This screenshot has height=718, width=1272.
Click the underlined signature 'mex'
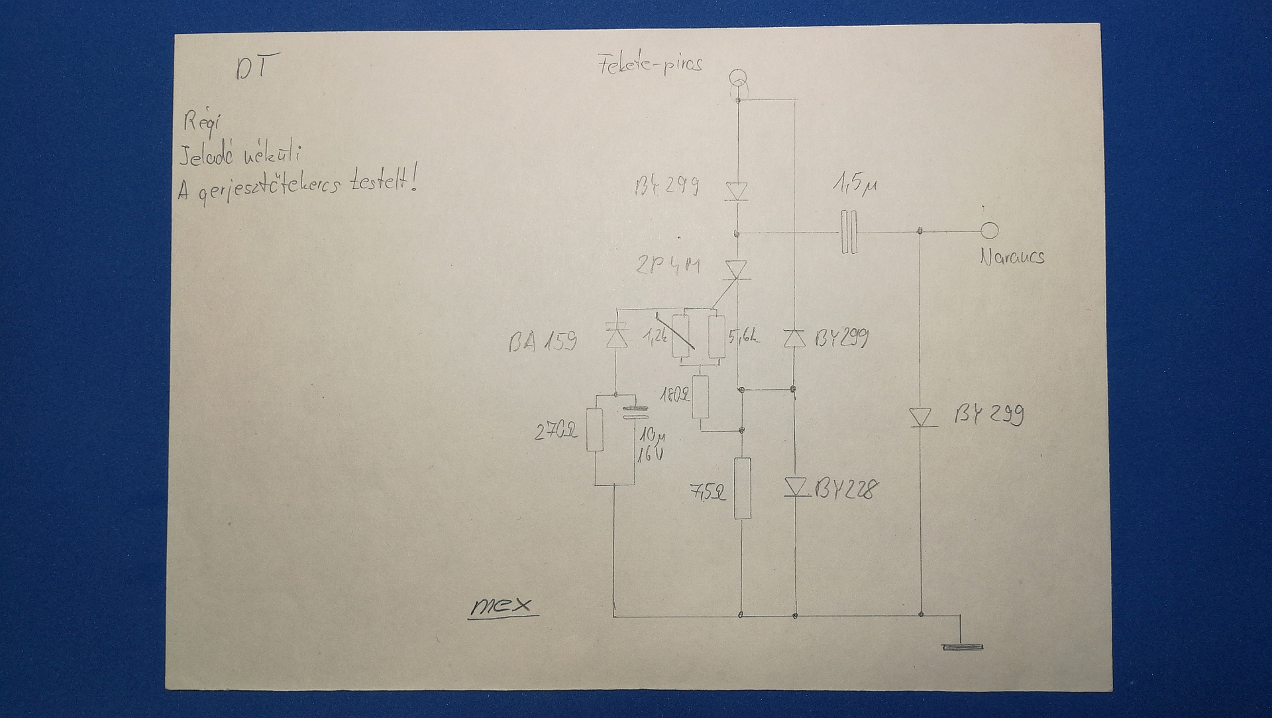tap(502, 606)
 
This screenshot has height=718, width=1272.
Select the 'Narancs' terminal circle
tap(989, 231)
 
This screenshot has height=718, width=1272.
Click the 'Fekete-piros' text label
tap(650, 65)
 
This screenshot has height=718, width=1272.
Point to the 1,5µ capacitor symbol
tap(849, 232)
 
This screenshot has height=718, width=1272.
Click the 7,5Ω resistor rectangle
tap(743, 488)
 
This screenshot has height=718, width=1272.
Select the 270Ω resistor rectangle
tap(595, 430)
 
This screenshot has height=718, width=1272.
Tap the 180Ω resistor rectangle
tap(700, 396)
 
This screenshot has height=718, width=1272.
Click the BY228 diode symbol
tap(796, 487)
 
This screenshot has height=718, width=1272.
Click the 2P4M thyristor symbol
tap(736, 270)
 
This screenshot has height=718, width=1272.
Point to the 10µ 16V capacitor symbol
tap(634, 412)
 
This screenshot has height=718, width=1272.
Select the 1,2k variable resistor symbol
tap(680, 335)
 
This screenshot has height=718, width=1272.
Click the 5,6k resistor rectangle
tap(716, 337)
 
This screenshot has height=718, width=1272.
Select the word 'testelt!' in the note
tap(384, 181)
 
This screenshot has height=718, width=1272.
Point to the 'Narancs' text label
tap(1012, 257)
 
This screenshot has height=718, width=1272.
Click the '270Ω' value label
tap(556, 432)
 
